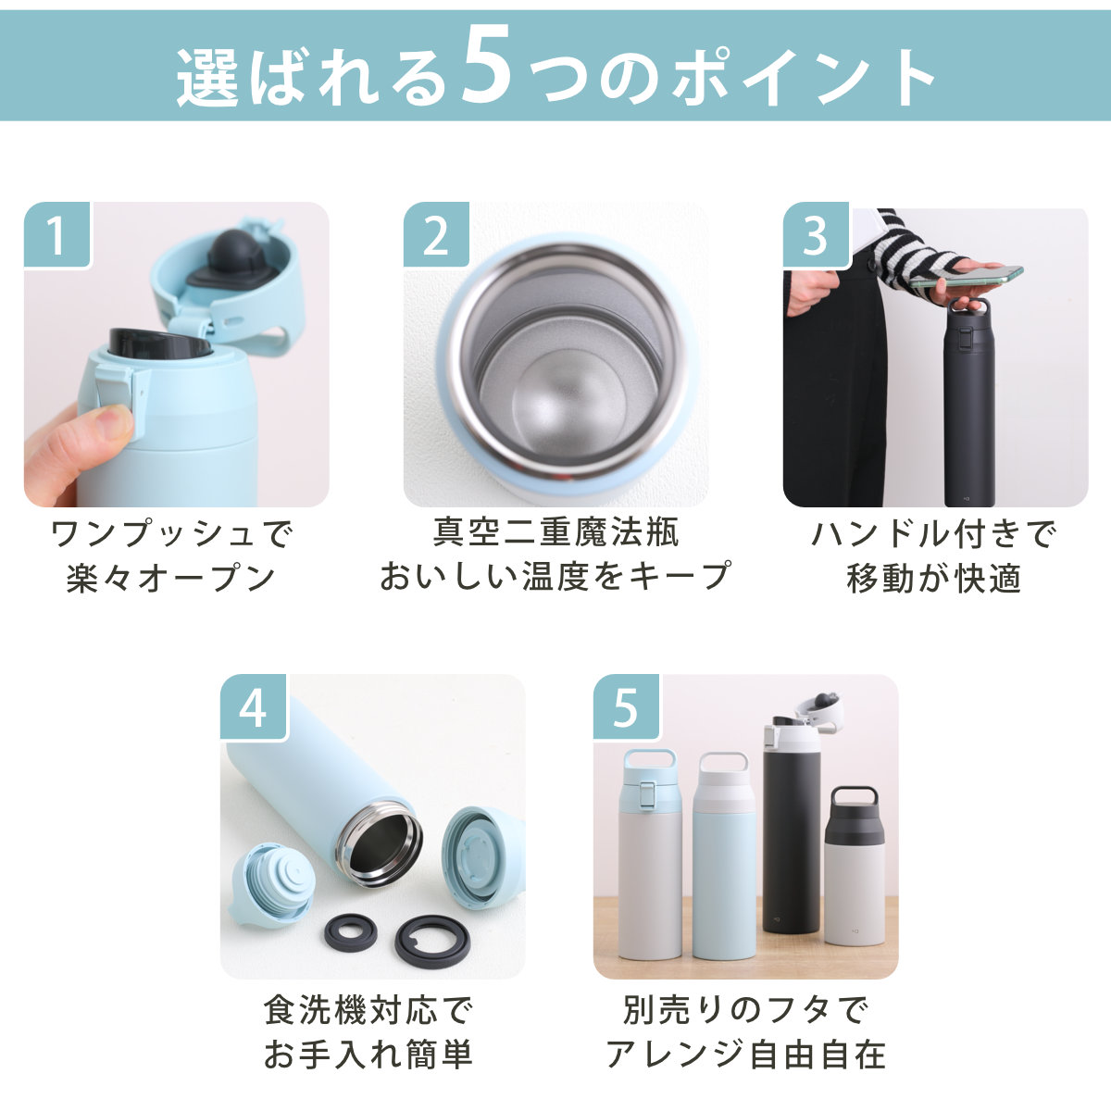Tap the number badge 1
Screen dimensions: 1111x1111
(x=56, y=234)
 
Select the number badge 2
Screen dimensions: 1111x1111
(x=436, y=234)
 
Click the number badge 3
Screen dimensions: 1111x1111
(x=816, y=234)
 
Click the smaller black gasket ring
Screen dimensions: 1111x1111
(x=351, y=932)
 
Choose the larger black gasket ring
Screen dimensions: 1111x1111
(x=432, y=939)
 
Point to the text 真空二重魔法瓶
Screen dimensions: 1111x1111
(x=556, y=532)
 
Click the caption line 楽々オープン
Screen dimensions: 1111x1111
(x=171, y=579)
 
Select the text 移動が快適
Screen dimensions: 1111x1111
(x=934, y=579)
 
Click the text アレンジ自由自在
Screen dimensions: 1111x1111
(x=745, y=1055)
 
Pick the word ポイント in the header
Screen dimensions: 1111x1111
(x=802, y=77)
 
